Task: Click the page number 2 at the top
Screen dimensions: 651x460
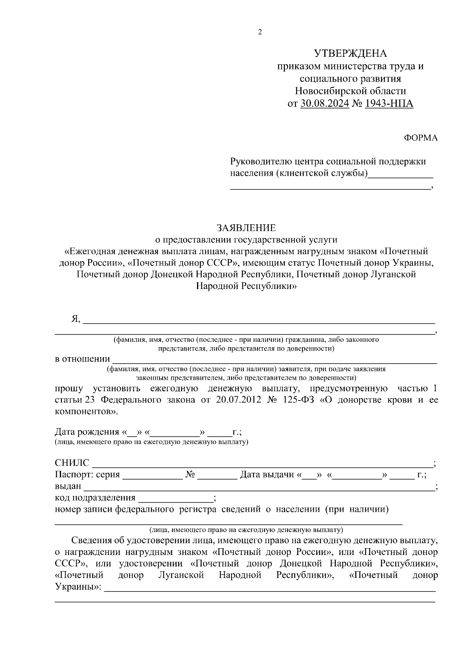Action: pyautogui.click(x=260, y=32)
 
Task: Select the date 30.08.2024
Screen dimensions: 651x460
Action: pyautogui.click(x=325, y=104)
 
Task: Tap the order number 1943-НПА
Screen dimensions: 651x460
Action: pyautogui.click(x=389, y=104)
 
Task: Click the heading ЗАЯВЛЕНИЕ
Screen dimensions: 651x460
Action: pyautogui.click(x=246, y=228)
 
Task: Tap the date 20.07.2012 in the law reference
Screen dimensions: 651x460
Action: pyautogui.click(x=238, y=400)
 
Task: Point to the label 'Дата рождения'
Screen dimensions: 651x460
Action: pyautogui.click(x=87, y=432)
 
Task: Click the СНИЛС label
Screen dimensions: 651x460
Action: pyautogui.click(x=72, y=463)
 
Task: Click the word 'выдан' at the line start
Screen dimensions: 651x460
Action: pyautogui.click(x=68, y=487)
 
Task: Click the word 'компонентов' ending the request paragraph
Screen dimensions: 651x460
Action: pyautogui.click(x=85, y=412)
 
